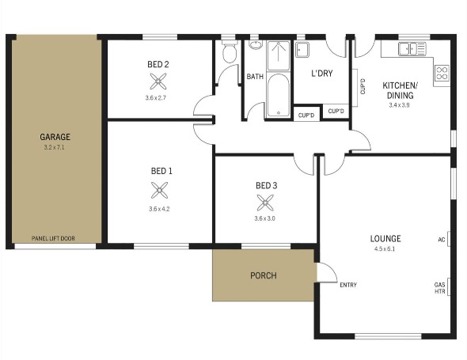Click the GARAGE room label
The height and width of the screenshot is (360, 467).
click(x=55, y=137)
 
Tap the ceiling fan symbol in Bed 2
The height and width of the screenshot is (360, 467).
click(x=158, y=81)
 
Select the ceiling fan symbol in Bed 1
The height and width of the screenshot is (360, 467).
click(x=159, y=190)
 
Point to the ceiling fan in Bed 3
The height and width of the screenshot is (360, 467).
click(x=265, y=203)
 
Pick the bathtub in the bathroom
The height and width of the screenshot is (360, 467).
click(x=278, y=95)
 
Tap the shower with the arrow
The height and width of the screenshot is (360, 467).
click(x=279, y=55)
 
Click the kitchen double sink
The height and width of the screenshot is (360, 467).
click(x=412, y=48)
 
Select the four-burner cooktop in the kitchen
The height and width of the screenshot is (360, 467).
click(x=442, y=73)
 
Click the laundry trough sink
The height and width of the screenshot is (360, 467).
click(x=302, y=49)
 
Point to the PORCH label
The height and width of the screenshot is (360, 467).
click(x=264, y=275)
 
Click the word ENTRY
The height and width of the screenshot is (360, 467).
click(x=348, y=285)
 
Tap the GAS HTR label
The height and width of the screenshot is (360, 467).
click(x=440, y=288)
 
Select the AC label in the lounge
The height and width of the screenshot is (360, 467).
click(x=442, y=240)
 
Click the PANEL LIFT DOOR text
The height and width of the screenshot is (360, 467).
click(x=53, y=238)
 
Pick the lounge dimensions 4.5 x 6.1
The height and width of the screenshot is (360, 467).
click(x=385, y=249)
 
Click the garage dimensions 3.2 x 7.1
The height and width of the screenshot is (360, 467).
click(x=54, y=147)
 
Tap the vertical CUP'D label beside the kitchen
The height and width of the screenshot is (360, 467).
click(x=363, y=86)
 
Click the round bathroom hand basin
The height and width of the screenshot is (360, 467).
click(x=255, y=45)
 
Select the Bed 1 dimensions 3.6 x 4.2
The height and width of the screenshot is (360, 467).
click(x=159, y=209)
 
